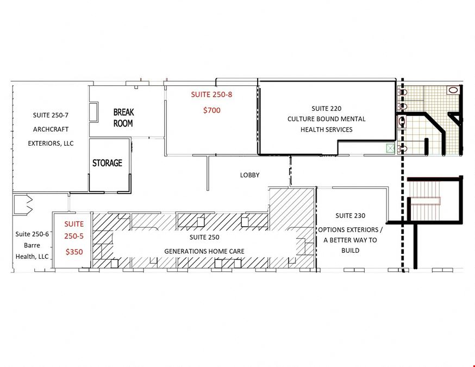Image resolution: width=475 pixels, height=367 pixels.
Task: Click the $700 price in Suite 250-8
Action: [x=212, y=110]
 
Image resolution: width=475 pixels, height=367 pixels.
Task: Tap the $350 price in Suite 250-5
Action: [x=74, y=252]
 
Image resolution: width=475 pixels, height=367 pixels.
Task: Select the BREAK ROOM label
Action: [x=123, y=118]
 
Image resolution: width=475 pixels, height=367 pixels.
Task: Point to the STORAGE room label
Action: [x=107, y=163]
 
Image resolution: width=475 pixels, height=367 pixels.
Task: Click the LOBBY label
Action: [x=249, y=175]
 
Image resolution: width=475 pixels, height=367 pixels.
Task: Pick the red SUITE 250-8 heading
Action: [x=211, y=95]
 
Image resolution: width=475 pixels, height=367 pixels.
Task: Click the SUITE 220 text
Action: [x=326, y=109]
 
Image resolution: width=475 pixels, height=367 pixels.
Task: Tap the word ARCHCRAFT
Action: [x=51, y=129]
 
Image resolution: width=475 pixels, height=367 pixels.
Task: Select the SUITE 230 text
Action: [x=350, y=216]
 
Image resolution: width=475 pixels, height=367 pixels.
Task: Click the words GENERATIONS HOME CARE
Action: [x=204, y=251]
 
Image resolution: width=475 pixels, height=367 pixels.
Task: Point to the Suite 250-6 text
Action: [x=32, y=234]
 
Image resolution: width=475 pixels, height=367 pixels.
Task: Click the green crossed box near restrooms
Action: [x=390, y=148]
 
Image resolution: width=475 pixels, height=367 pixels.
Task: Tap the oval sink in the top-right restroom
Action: [x=453, y=90]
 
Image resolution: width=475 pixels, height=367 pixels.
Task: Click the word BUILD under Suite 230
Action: [x=350, y=251]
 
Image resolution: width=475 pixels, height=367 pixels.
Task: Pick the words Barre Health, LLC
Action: [x=32, y=251]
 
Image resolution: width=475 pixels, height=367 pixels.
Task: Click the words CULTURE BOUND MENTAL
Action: [x=326, y=119]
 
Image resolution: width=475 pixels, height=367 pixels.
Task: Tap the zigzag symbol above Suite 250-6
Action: [x=23, y=205]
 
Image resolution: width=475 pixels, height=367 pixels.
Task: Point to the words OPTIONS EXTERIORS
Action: [x=348, y=230]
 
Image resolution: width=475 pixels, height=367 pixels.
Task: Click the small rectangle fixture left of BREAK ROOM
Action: [x=93, y=113]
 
